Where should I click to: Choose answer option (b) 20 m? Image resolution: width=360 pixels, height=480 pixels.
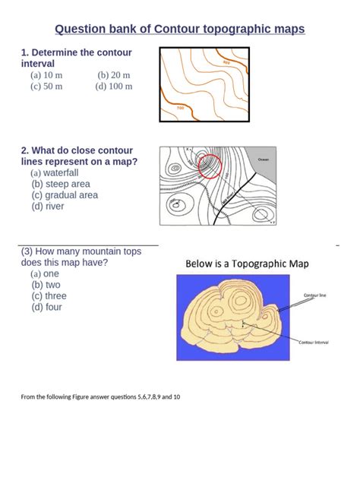[x=114, y=75]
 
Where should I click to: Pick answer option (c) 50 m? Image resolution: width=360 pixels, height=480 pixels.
[x=46, y=87]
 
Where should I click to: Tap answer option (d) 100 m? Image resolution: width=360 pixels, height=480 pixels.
[x=113, y=87]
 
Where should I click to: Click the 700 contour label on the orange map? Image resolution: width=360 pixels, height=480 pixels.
[x=180, y=108]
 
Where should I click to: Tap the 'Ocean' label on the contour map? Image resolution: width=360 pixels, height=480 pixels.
[x=264, y=159]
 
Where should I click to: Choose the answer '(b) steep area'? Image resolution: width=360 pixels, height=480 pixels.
[x=61, y=184]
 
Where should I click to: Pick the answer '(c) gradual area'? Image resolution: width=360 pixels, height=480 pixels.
[x=65, y=195]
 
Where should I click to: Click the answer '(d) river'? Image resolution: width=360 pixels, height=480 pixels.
[x=48, y=206]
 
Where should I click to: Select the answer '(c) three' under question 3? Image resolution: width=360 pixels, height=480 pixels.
[x=49, y=296]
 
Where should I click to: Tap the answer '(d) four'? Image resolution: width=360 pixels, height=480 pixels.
[x=47, y=308]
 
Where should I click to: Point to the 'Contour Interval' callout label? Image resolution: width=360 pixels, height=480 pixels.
[x=317, y=343]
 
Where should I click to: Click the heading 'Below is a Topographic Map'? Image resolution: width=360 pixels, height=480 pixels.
[x=253, y=264]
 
